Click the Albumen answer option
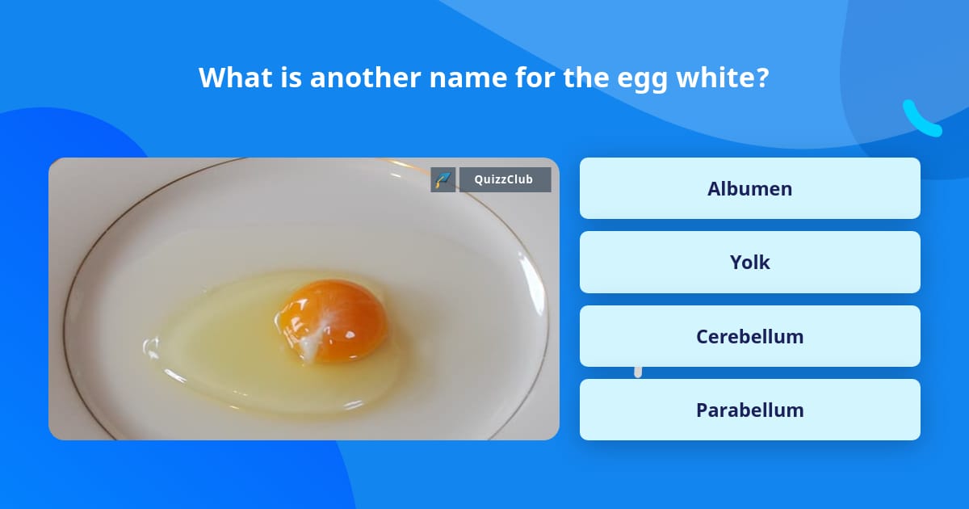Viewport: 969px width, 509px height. click(749, 188)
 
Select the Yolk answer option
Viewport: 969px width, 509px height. click(749, 262)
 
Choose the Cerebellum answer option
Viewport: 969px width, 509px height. click(749, 336)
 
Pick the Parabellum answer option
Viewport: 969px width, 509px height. click(749, 410)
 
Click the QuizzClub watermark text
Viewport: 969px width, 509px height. click(504, 179)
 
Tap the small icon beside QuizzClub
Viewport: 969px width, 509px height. click(443, 179)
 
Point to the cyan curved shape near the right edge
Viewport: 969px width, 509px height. click(921, 120)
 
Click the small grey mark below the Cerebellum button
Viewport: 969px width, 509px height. click(638, 372)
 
